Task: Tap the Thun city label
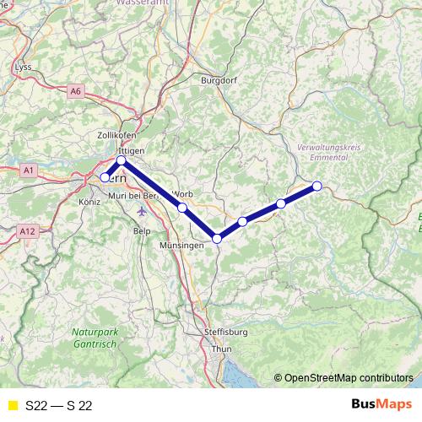pyautogui.click(x=221, y=349)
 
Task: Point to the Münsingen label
pyautogui.click(x=182, y=245)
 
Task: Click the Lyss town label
pyautogui.click(x=23, y=66)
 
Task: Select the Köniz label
pyautogui.click(x=89, y=203)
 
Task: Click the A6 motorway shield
pyautogui.click(x=77, y=90)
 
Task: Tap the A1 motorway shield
pyautogui.click(x=29, y=170)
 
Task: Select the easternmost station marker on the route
pyautogui.click(x=317, y=186)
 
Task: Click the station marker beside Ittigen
pyautogui.click(x=121, y=160)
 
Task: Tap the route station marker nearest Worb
pyautogui.click(x=182, y=207)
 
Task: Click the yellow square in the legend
pyautogui.click(x=12, y=405)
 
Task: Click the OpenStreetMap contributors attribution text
pyautogui.click(x=348, y=378)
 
